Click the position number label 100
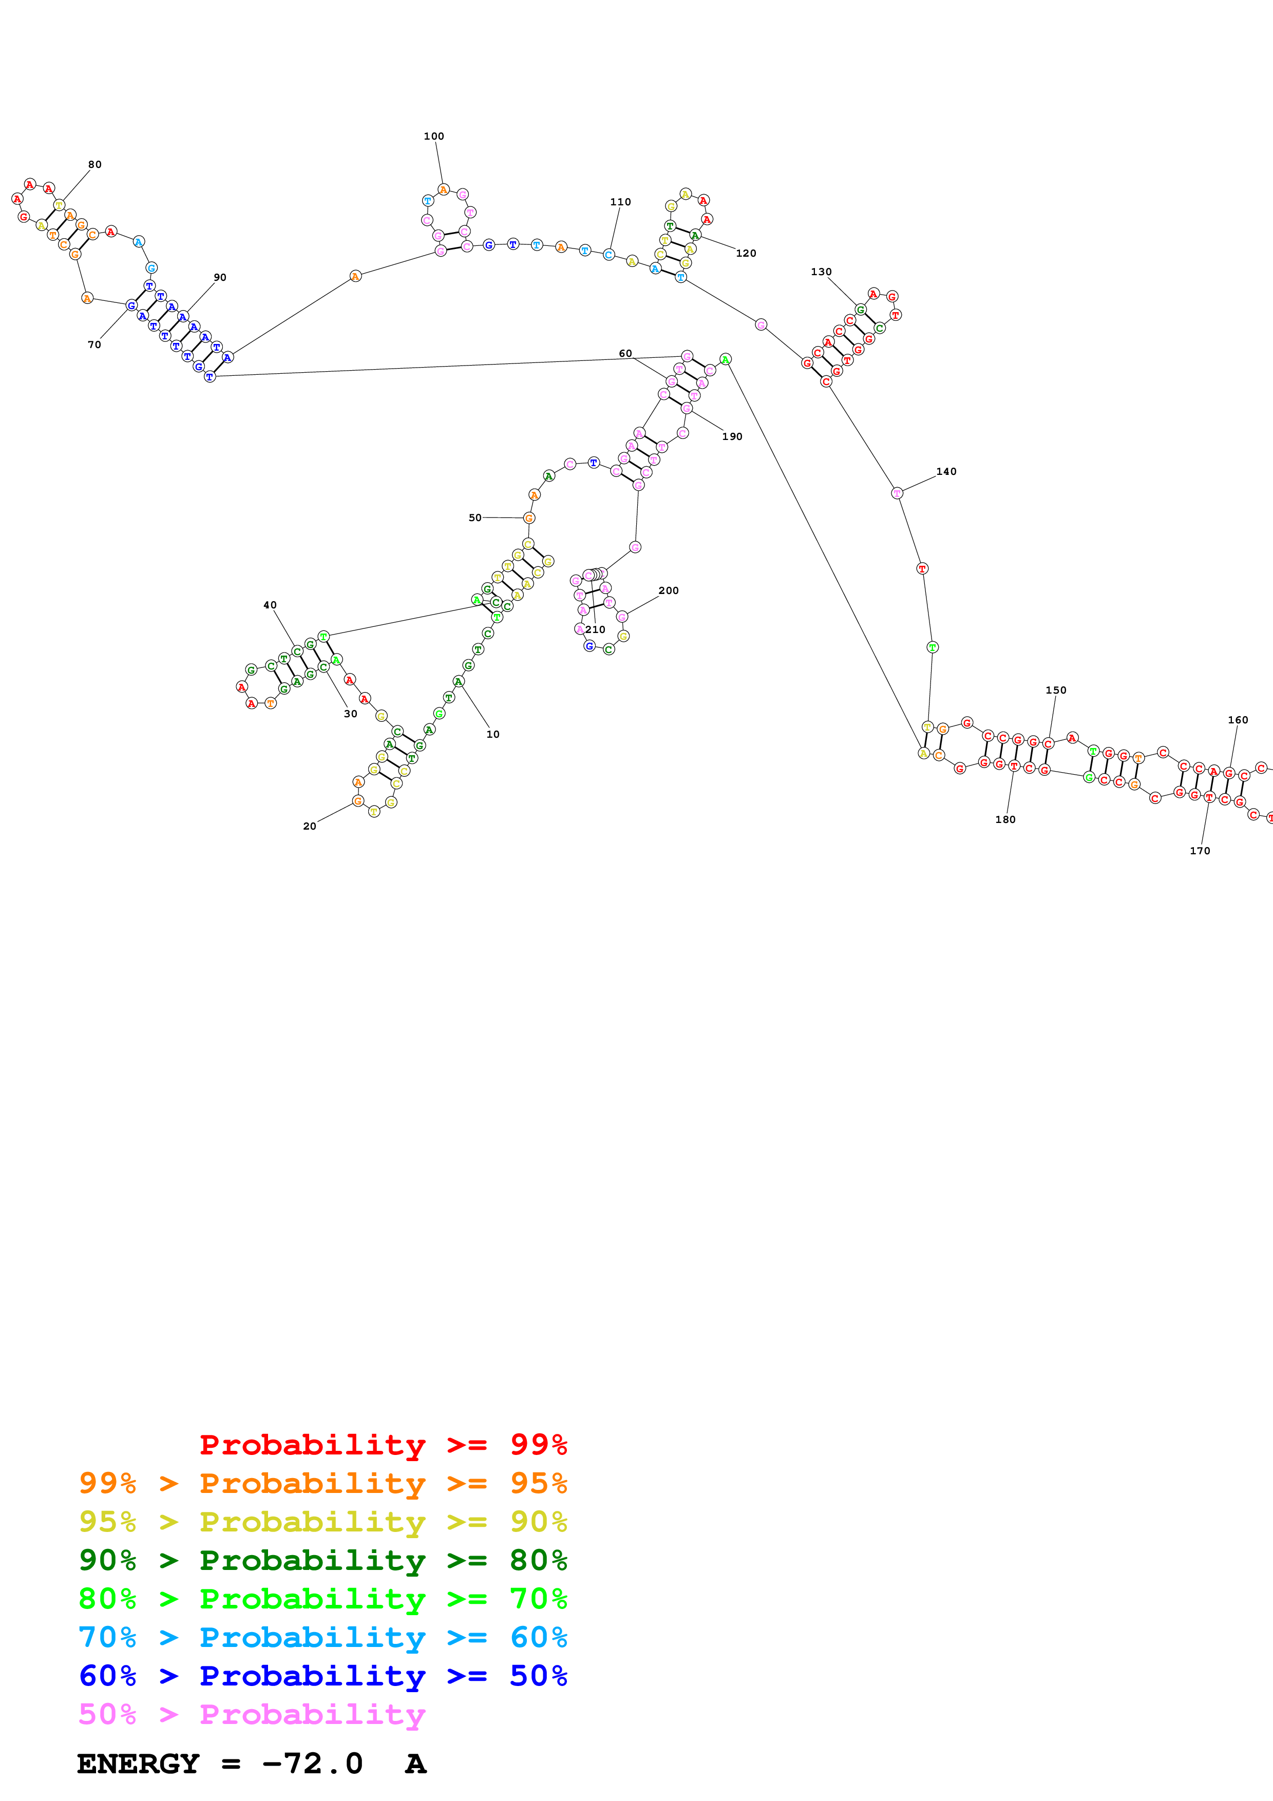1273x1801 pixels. coord(434,137)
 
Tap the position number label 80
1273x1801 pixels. coord(95,165)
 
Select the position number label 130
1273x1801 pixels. coord(821,272)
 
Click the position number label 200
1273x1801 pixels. coord(668,590)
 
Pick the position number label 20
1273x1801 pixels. coord(310,826)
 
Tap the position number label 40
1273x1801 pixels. coord(270,606)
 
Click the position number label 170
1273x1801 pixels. coord(1199,851)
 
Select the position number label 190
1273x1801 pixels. coord(732,437)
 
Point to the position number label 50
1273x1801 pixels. coord(476,518)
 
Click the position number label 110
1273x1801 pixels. coord(620,202)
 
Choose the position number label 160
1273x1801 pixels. coord(1238,720)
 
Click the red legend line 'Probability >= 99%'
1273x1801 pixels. coord(383,1444)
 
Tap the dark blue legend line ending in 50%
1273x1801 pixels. coord(322,1676)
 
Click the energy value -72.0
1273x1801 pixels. coord(312,1764)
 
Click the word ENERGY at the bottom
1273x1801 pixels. coord(138,1764)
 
